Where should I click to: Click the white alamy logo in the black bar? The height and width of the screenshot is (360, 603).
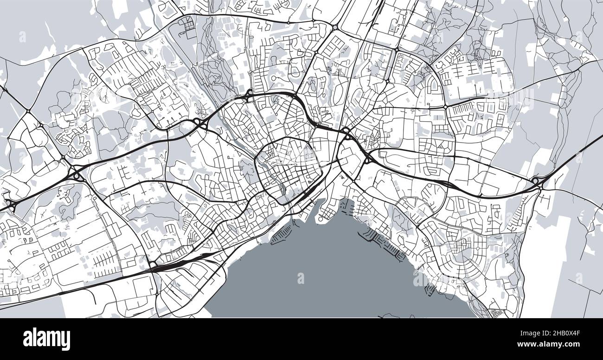46,339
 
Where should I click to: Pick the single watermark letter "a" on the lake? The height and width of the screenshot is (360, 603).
301,278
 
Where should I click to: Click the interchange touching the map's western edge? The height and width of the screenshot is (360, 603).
10,204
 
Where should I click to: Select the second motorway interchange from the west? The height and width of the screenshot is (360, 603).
76,174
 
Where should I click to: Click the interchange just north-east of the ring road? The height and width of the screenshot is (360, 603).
346,131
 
